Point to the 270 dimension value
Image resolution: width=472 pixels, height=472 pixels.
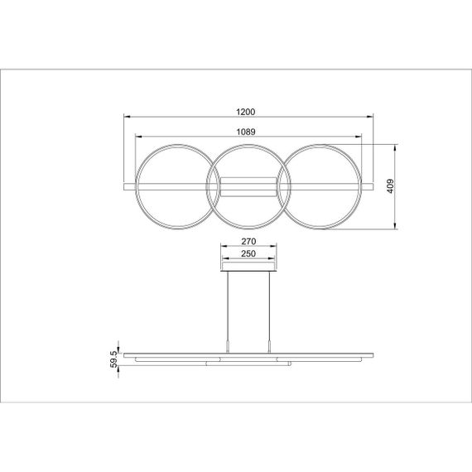(249, 242)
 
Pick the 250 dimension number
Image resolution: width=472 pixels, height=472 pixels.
(249, 254)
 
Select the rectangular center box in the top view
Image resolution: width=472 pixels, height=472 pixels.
(249, 186)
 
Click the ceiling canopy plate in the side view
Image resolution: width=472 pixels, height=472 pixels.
(249, 267)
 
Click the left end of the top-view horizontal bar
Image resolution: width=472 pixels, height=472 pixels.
(126, 186)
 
